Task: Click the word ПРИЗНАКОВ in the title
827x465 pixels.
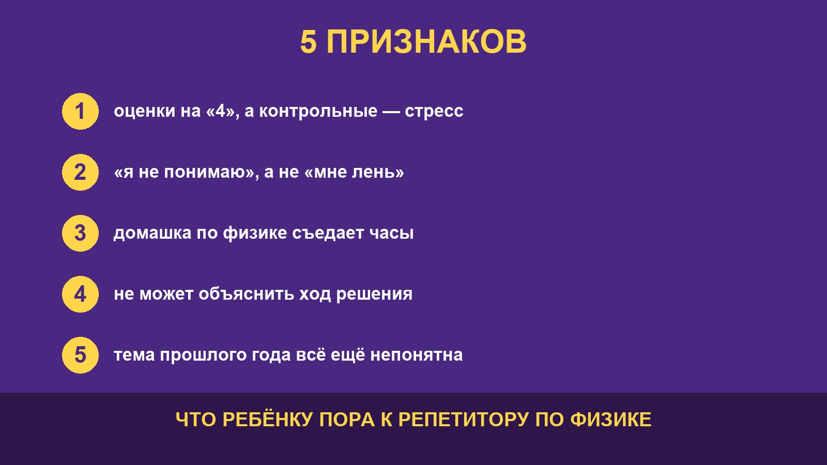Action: [426, 42]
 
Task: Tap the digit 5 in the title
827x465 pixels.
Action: [308, 42]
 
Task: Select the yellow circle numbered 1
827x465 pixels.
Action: [80, 112]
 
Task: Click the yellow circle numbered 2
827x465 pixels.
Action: [80, 173]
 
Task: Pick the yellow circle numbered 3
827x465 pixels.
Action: [80, 233]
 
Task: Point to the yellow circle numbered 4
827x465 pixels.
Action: [80, 294]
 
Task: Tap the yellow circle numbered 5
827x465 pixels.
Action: [80, 355]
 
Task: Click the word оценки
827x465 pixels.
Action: [144, 111]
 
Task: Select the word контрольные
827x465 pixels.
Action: [318, 111]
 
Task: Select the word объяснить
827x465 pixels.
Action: [246, 294]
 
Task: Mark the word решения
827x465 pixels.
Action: [374, 295]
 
